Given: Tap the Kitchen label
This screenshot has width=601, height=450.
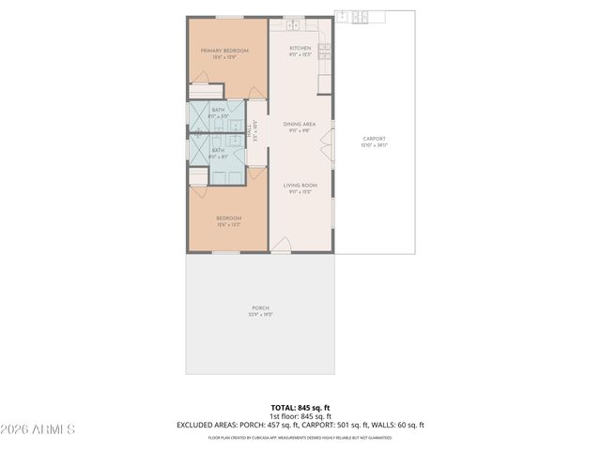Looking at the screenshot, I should pyautogui.click(x=300, y=48).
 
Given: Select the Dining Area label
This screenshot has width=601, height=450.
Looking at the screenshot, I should pyautogui.click(x=300, y=124).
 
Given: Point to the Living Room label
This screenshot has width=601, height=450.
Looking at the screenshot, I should pyautogui.click(x=300, y=186).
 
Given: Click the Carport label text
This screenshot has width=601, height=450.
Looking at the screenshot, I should pyautogui.click(x=375, y=139).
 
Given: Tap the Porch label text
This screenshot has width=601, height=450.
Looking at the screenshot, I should pyautogui.click(x=260, y=308).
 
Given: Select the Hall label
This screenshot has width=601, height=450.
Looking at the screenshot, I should pyautogui.click(x=251, y=132).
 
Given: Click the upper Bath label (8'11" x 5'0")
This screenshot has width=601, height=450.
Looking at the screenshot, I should pyautogui.click(x=218, y=111).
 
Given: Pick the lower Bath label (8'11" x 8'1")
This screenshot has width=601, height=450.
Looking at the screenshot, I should pyautogui.click(x=218, y=150).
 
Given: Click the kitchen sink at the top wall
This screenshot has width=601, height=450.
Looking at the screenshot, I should pyautogui.click(x=292, y=24).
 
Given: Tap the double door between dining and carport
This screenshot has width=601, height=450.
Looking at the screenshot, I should pyautogui.click(x=328, y=143).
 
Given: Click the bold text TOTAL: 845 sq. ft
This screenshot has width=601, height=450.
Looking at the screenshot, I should pyautogui.click(x=300, y=408).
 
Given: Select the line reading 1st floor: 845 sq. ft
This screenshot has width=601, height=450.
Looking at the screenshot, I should pyautogui.click(x=300, y=416).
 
